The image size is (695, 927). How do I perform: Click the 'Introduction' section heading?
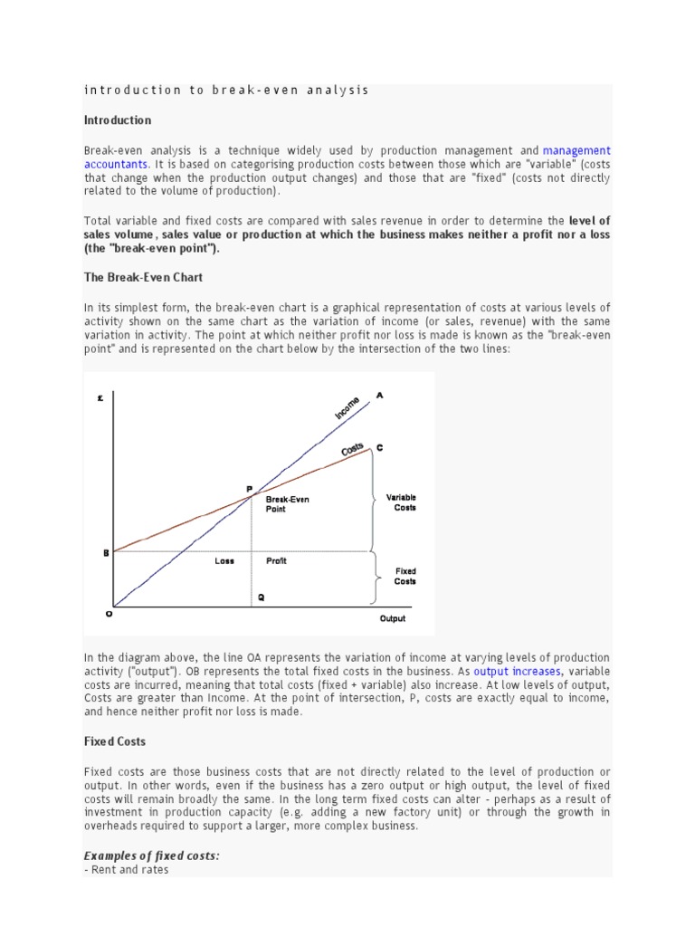click(118, 120)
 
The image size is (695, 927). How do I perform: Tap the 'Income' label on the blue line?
click(347, 407)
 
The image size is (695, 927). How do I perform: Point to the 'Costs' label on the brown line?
click(352, 450)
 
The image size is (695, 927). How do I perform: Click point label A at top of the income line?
click(379, 396)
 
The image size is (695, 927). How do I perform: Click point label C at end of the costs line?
click(379, 447)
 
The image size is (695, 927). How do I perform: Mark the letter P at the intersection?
click(250, 489)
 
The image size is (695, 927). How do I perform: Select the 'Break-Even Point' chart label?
click(287, 504)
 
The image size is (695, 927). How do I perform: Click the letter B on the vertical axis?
click(106, 551)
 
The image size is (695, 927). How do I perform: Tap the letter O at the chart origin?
click(109, 614)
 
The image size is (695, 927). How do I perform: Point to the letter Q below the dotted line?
click(262, 597)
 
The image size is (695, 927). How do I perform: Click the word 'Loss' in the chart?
click(224, 561)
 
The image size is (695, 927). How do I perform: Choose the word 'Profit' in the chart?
click(276, 561)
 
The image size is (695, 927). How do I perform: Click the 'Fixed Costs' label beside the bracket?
click(405, 577)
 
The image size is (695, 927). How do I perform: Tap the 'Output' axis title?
click(392, 619)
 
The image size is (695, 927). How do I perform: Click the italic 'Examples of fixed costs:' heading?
click(151, 855)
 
